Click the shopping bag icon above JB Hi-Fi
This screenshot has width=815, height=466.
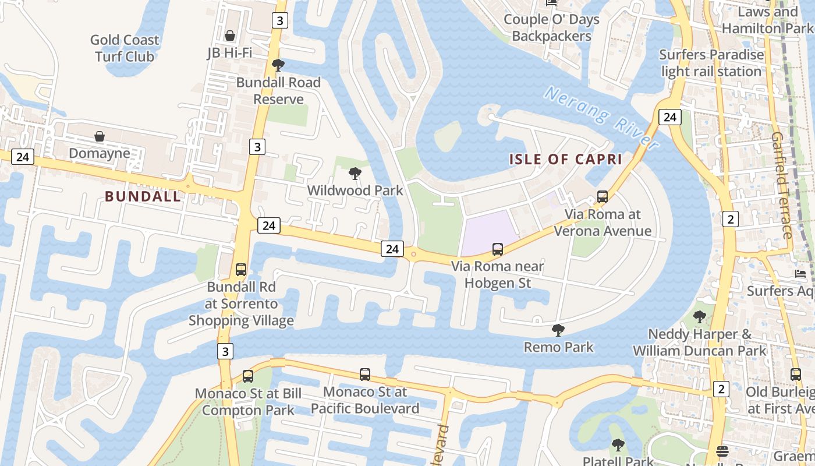(x=230, y=36)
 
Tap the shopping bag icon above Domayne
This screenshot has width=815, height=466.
(x=100, y=136)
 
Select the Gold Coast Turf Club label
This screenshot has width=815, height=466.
(x=125, y=48)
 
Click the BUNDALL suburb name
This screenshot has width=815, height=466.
(x=143, y=196)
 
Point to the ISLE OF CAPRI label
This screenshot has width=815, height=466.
(x=566, y=159)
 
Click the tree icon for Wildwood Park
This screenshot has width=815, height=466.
(x=355, y=174)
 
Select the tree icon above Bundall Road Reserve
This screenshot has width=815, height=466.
(x=278, y=65)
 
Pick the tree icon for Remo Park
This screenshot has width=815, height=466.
(x=558, y=330)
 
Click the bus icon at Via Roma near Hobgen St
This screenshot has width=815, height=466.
(x=498, y=249)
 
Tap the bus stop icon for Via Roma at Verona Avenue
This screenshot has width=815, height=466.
(x=603, y=197)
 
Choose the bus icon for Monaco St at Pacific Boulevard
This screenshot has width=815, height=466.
(x=365, y=375)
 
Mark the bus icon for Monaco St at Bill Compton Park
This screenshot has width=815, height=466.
(x=248, y=376)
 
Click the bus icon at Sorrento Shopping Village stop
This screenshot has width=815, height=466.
(x=241, y=270)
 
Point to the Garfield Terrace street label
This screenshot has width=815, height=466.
(x=782, y=185)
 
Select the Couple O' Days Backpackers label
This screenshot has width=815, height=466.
(x=551, y=28)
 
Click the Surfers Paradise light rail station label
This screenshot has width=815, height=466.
(x=711, y=63)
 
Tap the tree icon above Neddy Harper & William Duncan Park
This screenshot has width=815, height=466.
(x=700, y=317)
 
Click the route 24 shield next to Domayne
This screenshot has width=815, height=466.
(x=22, y=157)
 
